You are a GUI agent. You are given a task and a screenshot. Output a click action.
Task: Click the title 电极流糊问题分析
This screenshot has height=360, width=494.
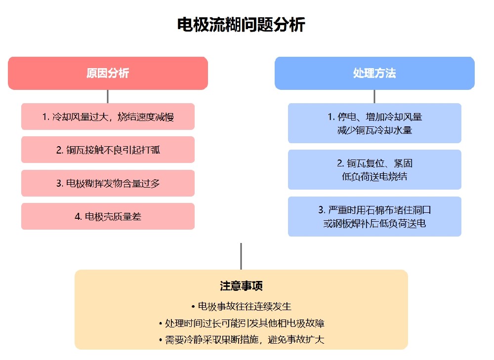(241, 25)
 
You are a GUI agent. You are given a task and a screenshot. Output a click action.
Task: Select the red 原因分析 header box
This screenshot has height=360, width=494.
(108, 73)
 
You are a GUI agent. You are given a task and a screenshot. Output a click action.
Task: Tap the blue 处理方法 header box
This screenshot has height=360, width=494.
(374, 73)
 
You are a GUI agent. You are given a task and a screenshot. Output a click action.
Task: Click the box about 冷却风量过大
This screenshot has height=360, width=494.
(108, 117)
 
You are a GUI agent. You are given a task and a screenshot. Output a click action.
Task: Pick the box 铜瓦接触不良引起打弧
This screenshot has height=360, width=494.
(108, 150)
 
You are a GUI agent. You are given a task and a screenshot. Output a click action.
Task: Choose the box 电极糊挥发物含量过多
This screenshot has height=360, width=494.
(108, 183)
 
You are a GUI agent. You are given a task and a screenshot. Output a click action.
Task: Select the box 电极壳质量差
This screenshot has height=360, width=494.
(108, 216)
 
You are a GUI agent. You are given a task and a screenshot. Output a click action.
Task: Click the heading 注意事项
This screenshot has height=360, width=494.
(241, 286)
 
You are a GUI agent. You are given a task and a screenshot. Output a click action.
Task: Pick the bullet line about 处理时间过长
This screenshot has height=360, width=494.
(241, 323)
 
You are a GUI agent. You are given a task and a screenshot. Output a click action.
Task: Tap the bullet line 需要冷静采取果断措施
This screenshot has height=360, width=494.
(241, 340)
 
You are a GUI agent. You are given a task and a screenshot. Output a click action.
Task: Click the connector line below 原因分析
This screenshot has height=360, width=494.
(108, 96)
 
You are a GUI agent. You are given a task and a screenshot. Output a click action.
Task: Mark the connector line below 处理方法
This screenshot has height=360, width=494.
(374, 96)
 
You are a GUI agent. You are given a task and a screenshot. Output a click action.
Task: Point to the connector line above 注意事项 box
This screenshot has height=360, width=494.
(241, 256)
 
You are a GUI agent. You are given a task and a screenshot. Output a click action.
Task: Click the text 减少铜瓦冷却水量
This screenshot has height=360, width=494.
(374, 130)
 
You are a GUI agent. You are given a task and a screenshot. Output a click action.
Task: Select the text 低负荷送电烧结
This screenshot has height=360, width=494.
(374, 176)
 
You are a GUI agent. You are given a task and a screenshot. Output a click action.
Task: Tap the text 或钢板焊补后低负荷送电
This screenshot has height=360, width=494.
(374, 223)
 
